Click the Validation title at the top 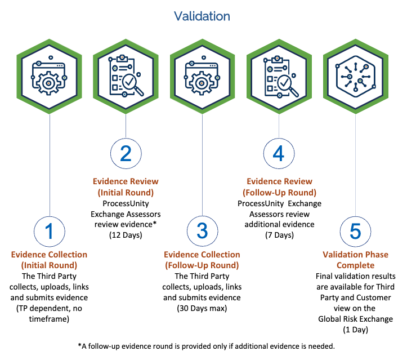point(202,16)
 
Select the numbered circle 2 point(125,154)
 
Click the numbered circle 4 point(279,154)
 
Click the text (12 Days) point(125,235)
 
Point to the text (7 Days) point(279,235)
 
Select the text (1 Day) point(356,330)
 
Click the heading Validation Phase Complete point(355,260)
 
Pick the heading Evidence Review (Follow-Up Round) point(279,186)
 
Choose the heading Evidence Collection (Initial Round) point(49,260)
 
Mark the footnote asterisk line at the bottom point(203,345)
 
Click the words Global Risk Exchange point(356,319)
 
